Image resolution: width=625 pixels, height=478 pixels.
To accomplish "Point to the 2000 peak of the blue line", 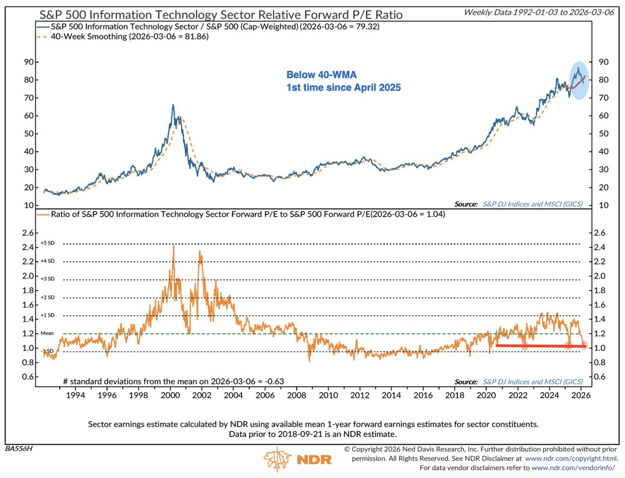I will tap(173, 105).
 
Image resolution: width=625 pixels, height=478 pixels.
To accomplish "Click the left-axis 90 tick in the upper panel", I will tap(29, 61).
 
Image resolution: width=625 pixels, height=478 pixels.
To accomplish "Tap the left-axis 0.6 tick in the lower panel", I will tap(27, 376).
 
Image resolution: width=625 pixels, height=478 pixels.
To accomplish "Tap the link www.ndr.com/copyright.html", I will tap(572, 459).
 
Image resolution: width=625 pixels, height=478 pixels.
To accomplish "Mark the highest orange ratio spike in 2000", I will tap(173, 246).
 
